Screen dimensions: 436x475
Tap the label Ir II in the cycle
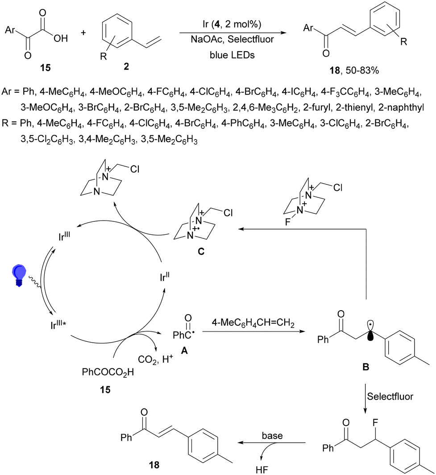click(x=165, y=277)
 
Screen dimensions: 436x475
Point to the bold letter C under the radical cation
click(x=200, y=251)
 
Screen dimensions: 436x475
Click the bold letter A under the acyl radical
click(x=184, y=351)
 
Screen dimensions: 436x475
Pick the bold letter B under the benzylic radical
click(x=366, y=367)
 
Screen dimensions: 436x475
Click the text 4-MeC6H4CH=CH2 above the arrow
click(x=253, y=323)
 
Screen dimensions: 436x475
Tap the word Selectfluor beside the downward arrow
click(x=390, y=396)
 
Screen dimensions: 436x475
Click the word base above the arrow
click(x=272, y=436)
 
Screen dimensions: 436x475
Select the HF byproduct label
click(x=262, y=470)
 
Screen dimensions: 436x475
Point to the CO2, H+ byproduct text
click(x=155, y=359)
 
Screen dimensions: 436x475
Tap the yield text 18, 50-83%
click(x=354, y=70)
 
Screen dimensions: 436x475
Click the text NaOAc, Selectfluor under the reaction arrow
click(x=232, y=39)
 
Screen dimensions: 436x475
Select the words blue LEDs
click(x=232, y=55)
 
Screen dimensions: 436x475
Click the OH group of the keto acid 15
click(x=61, y=38)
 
